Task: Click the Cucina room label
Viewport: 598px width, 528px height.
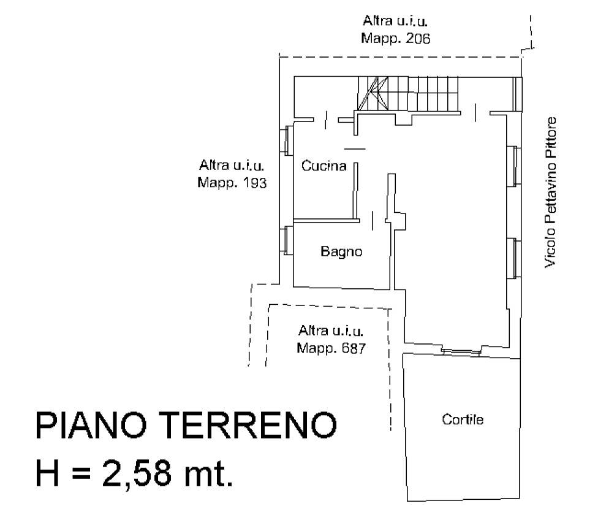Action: coord(324,166)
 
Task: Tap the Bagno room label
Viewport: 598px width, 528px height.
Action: coord(341,251)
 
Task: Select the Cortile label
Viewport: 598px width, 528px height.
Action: coord(463,419)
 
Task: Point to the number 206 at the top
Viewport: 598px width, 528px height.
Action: coord(418,39)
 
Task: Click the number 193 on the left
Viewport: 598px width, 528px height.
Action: coord(254,183)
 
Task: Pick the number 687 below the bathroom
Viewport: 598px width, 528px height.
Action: coord(353,348)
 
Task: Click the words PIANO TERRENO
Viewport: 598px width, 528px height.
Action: coord(186,426)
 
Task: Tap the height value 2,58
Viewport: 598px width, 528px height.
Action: coord(137,473)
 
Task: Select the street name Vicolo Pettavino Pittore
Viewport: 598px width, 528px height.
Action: coord(550,193)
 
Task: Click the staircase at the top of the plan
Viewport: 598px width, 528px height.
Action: coord(408,94)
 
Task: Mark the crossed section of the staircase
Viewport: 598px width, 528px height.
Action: coord(373,94)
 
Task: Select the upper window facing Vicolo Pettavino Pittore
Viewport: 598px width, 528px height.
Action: coord(514,166)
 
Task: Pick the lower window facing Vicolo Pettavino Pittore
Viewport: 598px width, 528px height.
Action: coord(514,258)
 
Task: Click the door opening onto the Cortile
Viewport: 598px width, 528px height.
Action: coord(461,351)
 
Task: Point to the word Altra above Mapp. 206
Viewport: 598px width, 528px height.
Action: coord(377,21)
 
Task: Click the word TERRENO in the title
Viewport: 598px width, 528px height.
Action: coord(251,426)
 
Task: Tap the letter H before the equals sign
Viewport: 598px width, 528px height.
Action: coord(47,473)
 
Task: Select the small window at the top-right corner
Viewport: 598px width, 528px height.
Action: coord(518,94)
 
